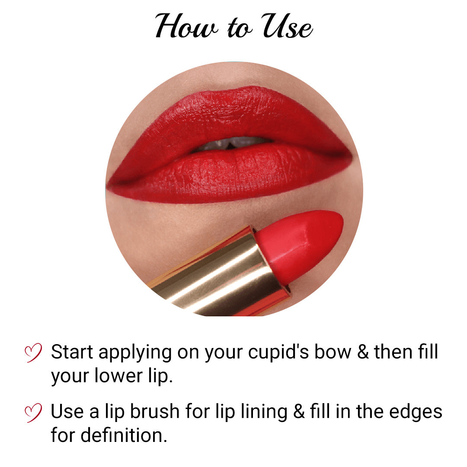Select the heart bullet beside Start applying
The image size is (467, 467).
(x=33, y=352)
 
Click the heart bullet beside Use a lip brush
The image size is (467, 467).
(x=33, y=412)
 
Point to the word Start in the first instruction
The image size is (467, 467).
(x=72, y=352)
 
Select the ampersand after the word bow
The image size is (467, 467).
(x=363, y=352)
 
